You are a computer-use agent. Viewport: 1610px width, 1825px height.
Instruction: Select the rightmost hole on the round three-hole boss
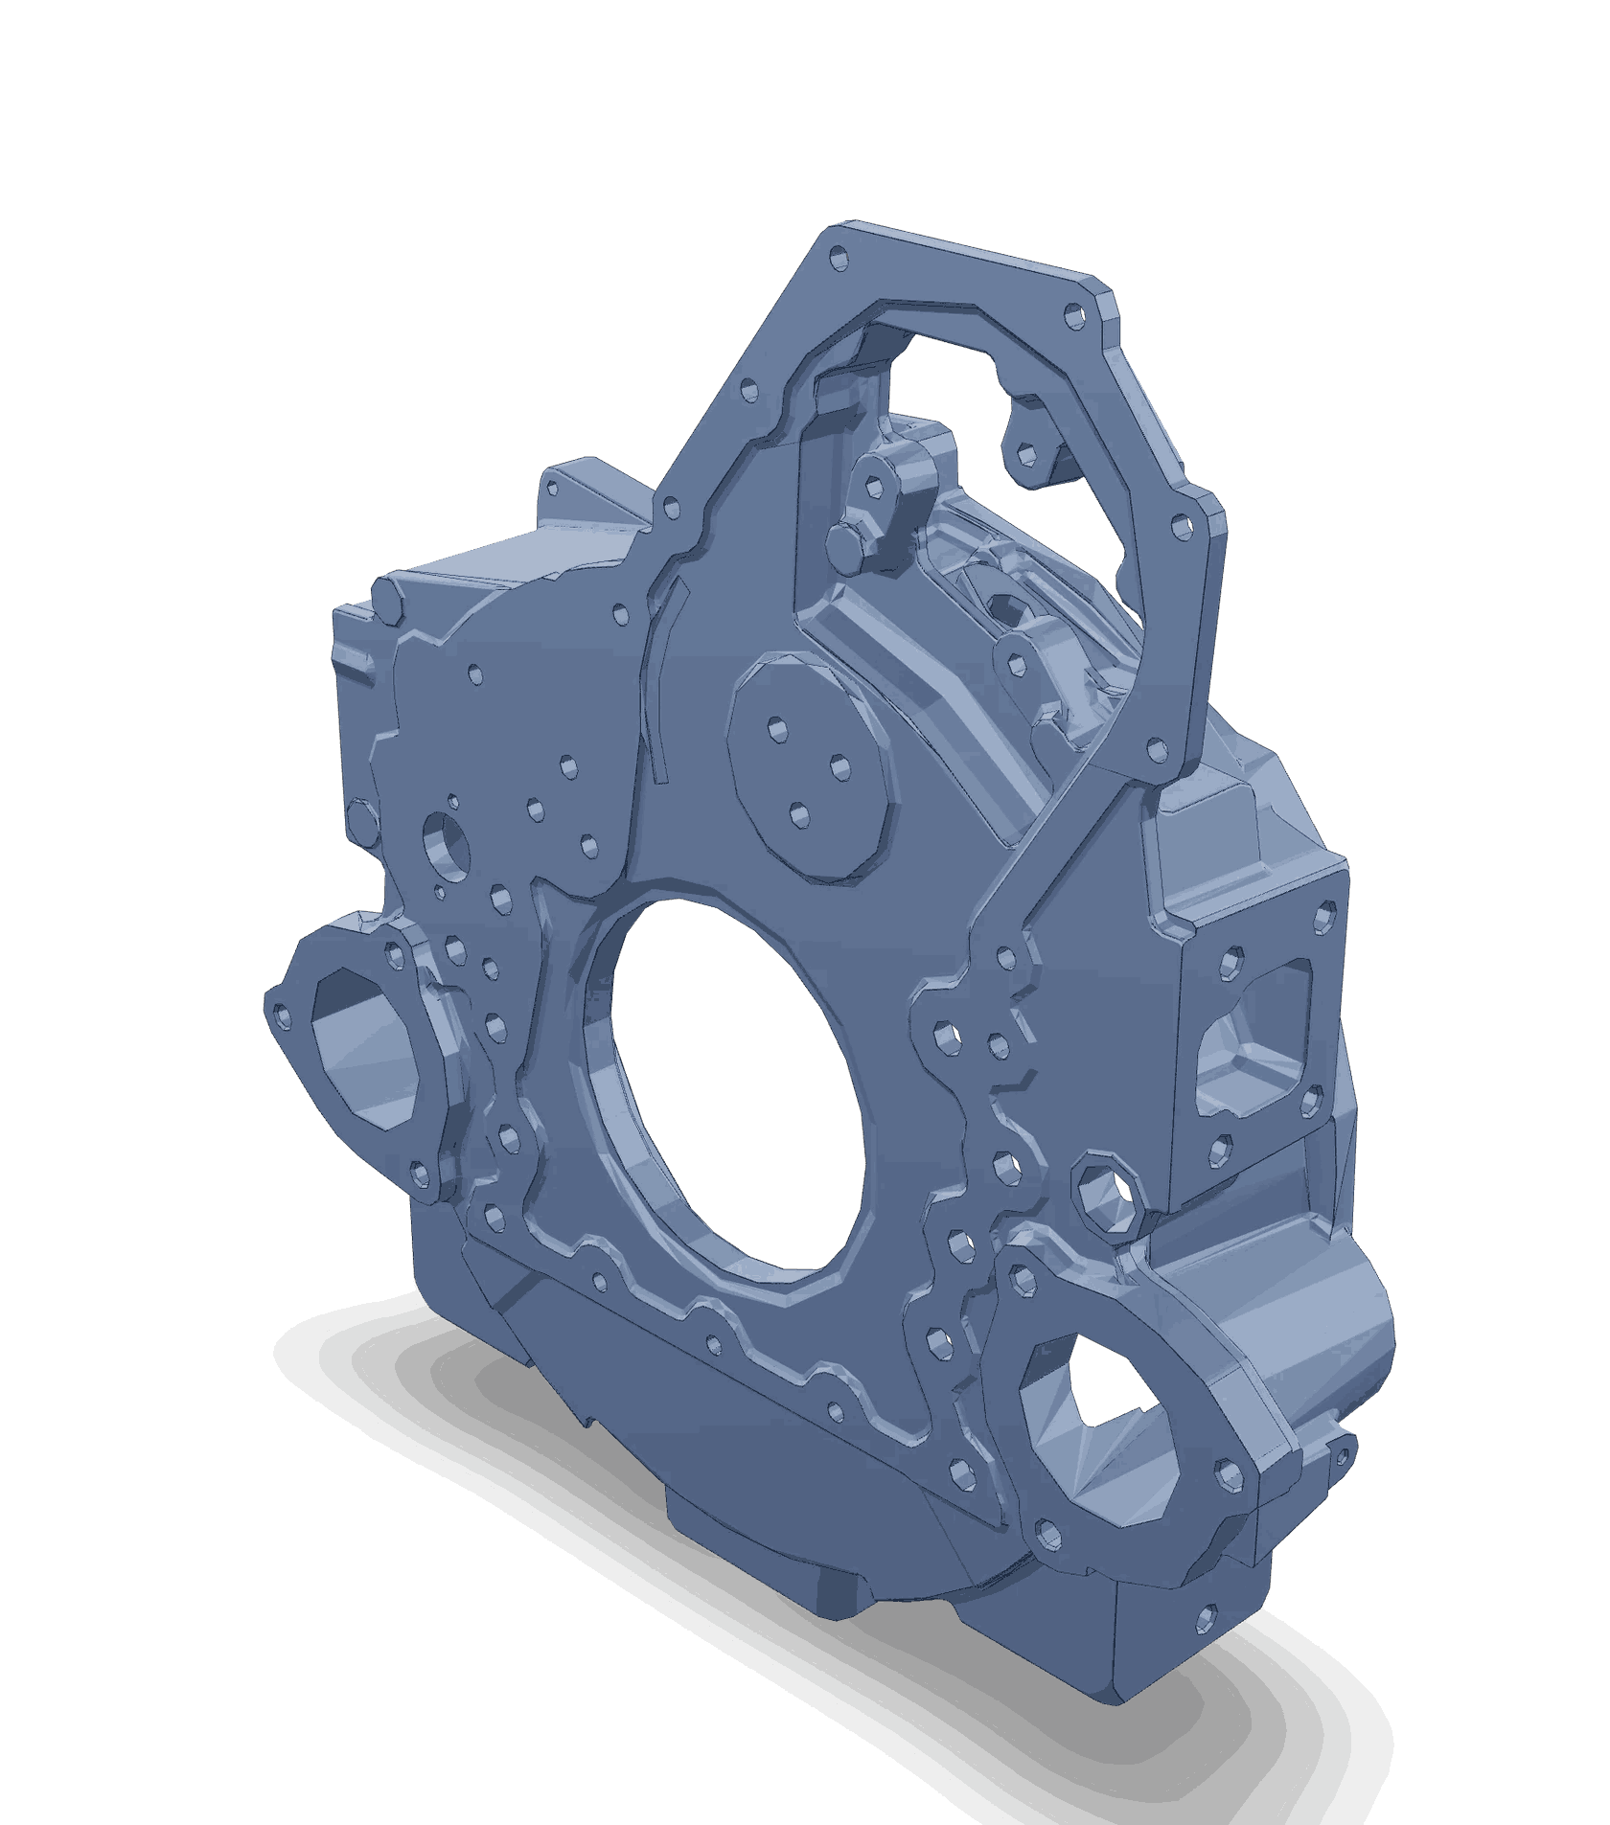click(839, 765)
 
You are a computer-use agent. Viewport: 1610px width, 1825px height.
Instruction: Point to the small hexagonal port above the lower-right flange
click(1105, 1194)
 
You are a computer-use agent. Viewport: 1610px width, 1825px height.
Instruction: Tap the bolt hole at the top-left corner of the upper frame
click(839, 256)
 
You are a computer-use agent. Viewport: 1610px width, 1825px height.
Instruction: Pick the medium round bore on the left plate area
click(445, 844)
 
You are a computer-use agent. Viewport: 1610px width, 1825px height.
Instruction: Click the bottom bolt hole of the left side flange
click(418, 1171)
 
